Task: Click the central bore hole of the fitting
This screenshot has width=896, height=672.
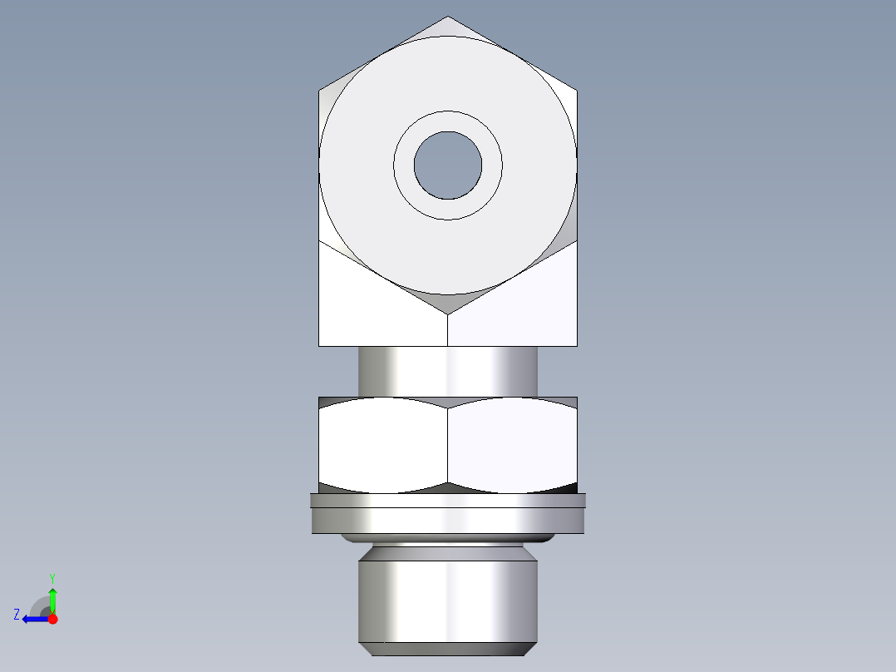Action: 448,166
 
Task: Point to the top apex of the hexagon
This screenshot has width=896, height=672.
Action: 448,17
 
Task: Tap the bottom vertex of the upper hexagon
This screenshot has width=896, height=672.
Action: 448,314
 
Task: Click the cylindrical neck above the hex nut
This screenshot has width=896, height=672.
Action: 448,371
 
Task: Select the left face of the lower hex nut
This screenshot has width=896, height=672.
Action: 382,442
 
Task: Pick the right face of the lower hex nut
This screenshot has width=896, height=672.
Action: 512,442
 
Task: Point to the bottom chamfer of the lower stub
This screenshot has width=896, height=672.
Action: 448,649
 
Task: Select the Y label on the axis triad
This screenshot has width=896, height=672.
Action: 52,577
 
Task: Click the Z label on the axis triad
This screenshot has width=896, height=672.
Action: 17,615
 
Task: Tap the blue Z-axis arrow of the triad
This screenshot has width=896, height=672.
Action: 33,619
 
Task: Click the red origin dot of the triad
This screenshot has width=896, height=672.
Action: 53,619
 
